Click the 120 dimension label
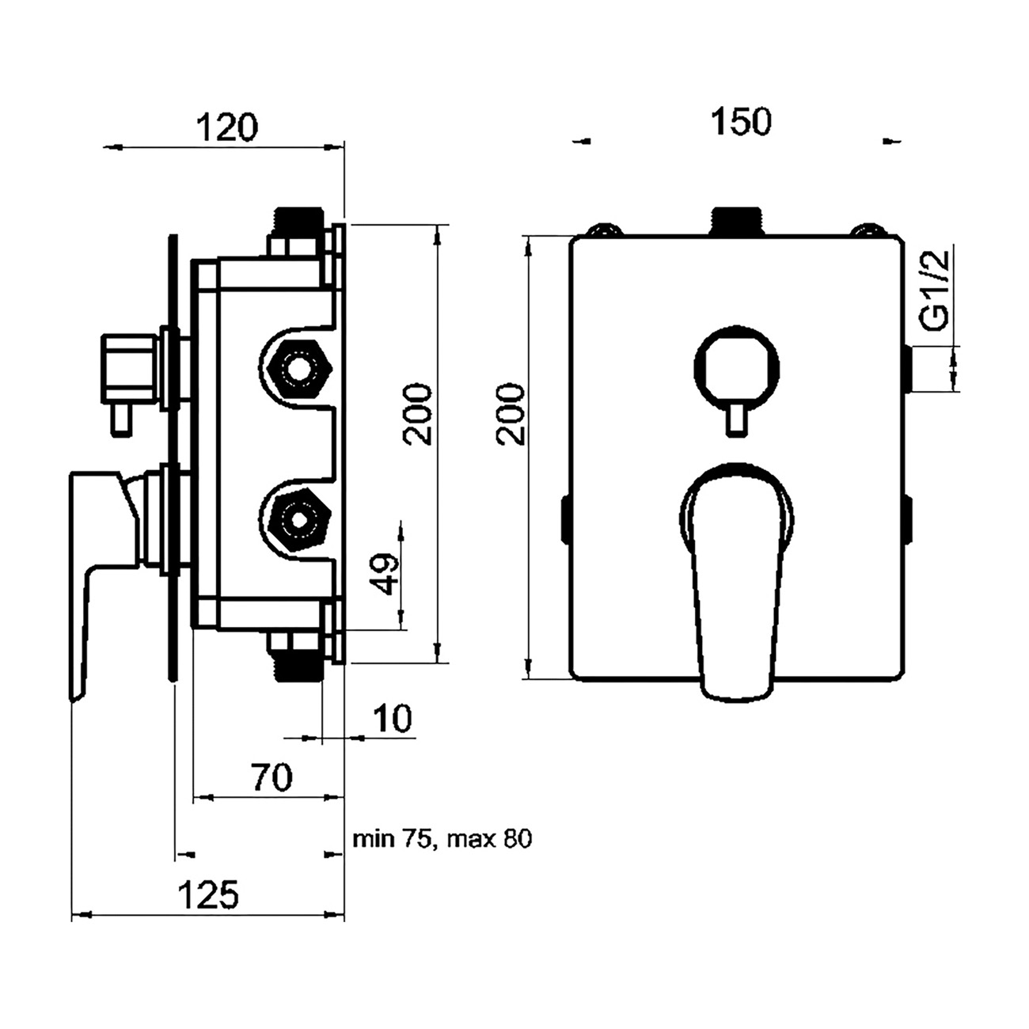[x=228, y=127]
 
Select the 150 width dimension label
[x=740, y=123]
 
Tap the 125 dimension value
[x=207, y=896]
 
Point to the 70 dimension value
[x=271, y=778]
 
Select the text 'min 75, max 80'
[x=442, y=839]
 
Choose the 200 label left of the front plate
[x=511, y=414]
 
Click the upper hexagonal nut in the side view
[x=299, y=369]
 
